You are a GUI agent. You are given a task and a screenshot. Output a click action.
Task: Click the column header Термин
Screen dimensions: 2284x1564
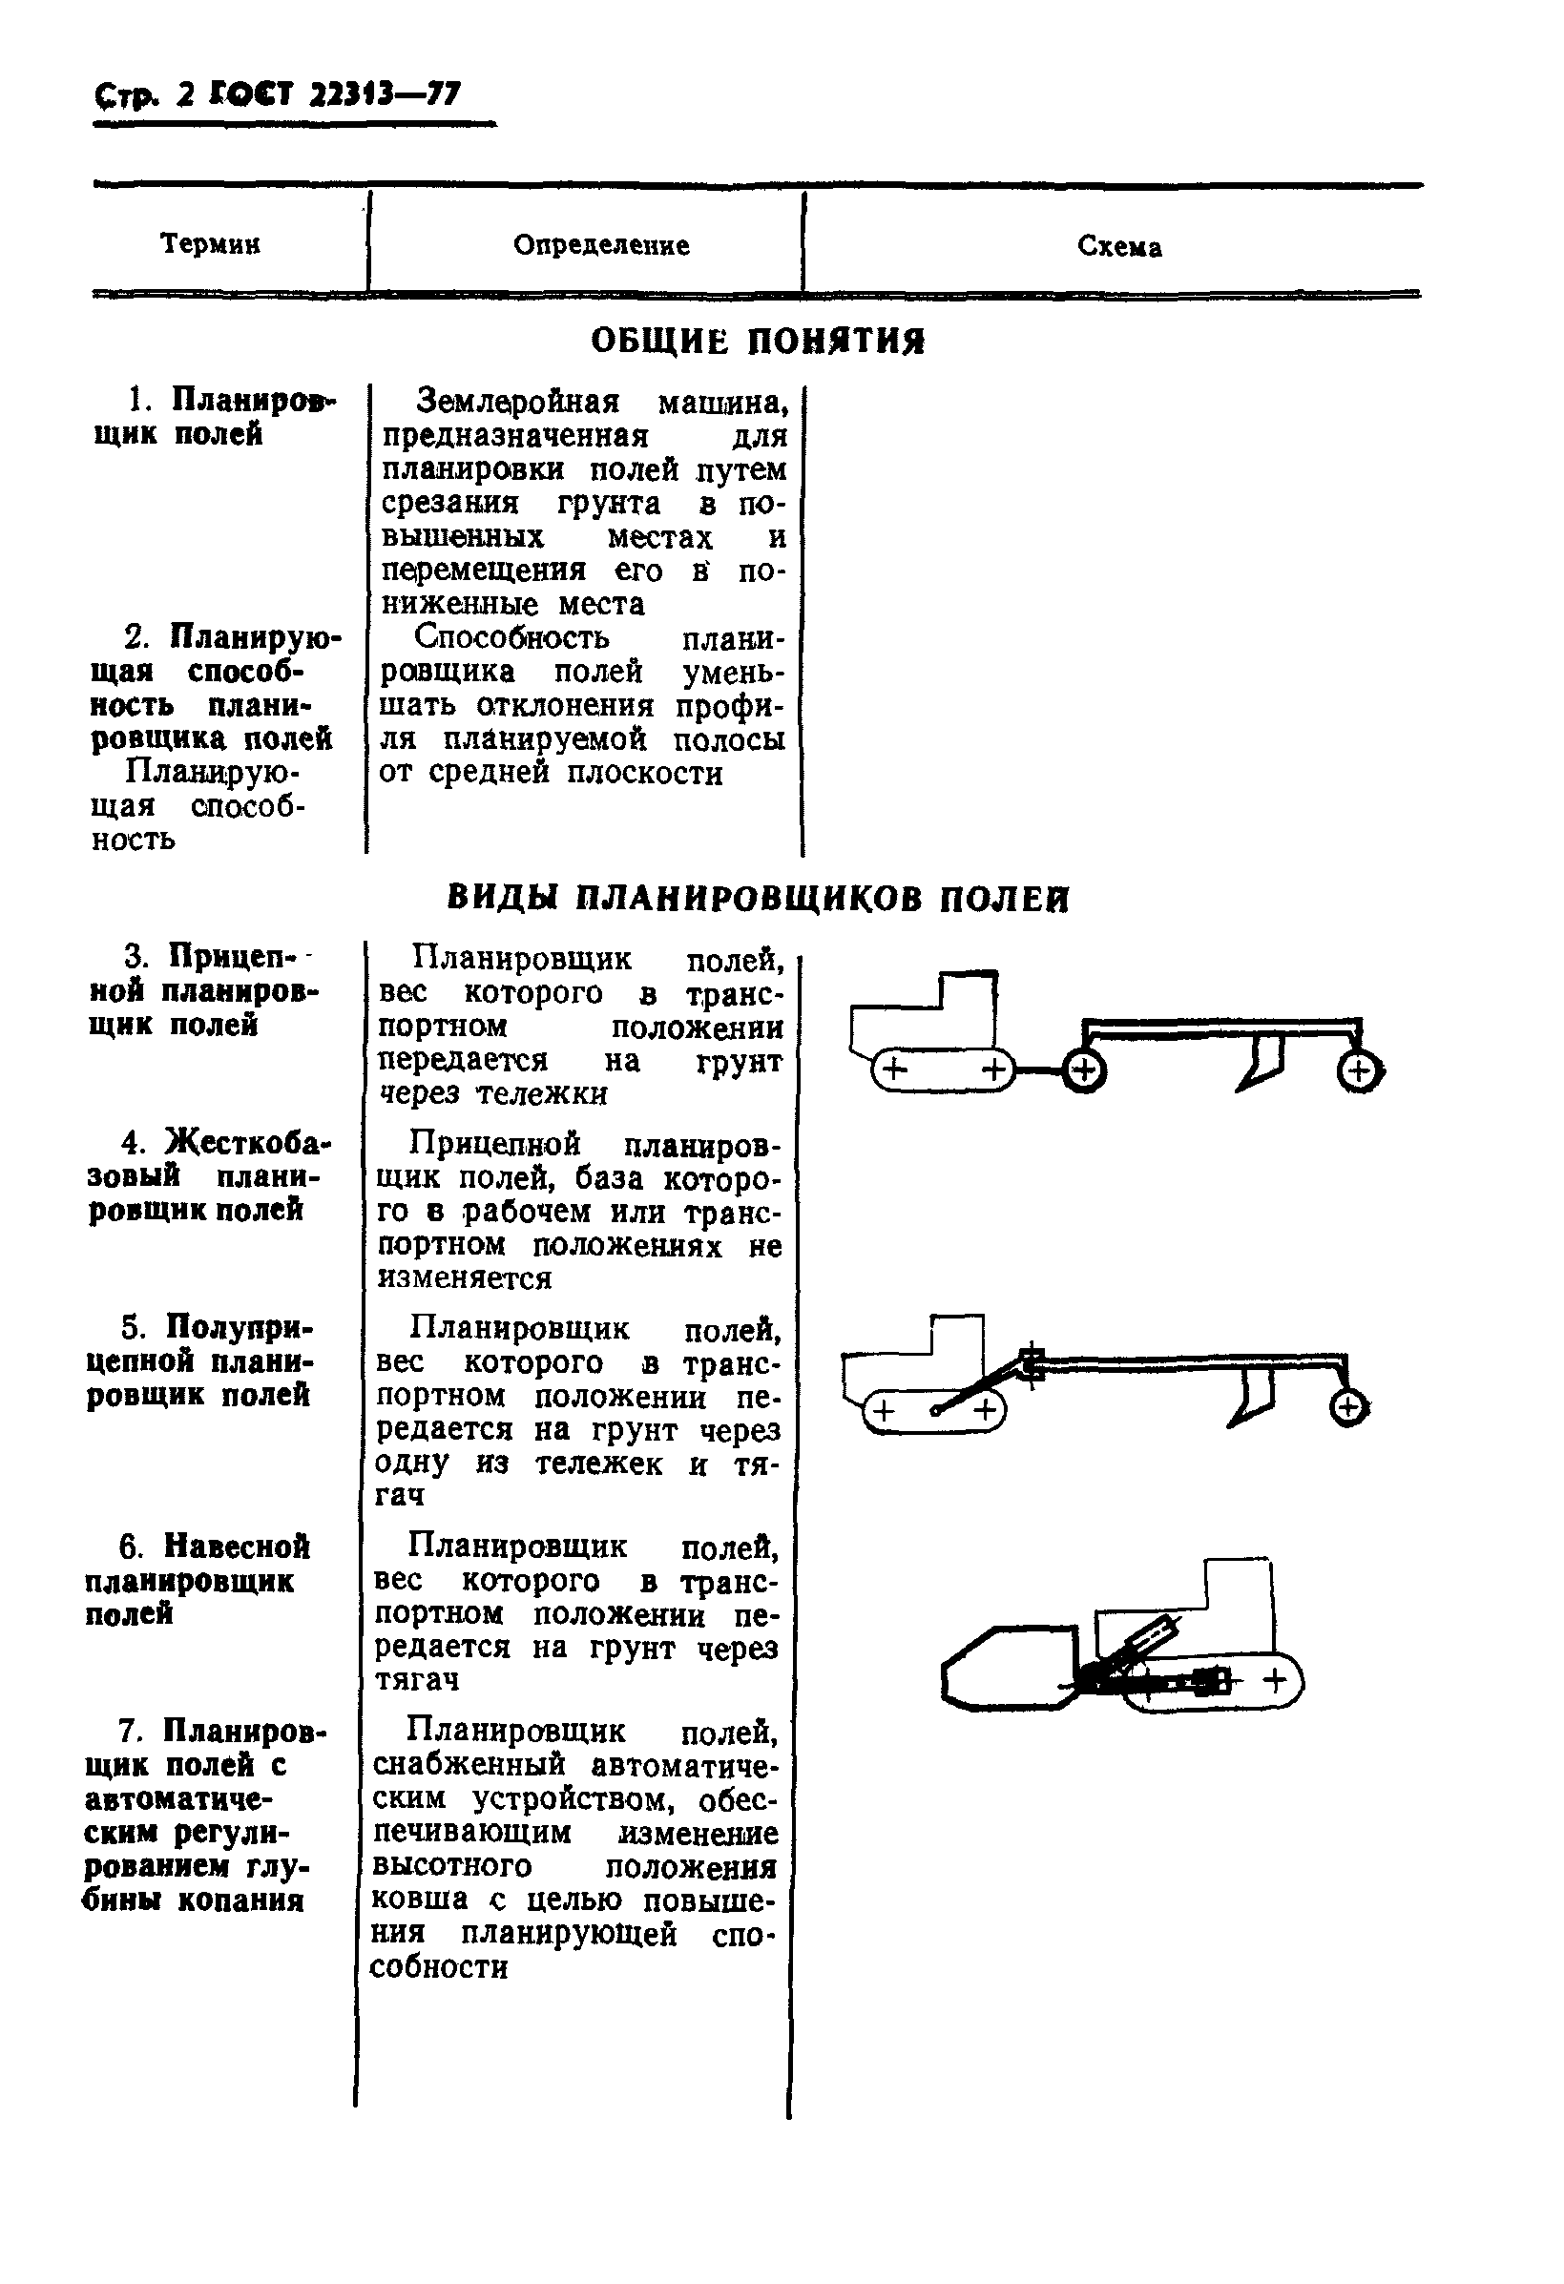point(209,243)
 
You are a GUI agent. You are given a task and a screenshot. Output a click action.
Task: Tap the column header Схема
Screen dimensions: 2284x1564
point(1118,247)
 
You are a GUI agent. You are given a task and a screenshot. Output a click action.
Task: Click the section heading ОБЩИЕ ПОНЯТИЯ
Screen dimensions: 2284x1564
point(757,341)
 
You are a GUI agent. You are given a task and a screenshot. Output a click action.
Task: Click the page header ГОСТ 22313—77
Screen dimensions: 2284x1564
point(333,94)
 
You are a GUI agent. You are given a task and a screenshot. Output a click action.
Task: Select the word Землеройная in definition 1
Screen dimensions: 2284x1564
point(518,401)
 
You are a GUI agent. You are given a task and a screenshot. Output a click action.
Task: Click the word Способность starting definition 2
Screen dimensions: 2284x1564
point(511,637)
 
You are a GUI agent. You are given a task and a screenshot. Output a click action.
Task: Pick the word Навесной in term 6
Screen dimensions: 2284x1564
point(237,1547)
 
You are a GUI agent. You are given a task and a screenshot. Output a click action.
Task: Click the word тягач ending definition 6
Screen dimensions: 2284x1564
point(416,1679)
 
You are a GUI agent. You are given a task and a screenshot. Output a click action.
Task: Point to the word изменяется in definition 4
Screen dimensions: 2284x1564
point(464,1278)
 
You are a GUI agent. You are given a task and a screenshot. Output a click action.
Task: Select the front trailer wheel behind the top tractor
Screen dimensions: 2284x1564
point(1084,1071)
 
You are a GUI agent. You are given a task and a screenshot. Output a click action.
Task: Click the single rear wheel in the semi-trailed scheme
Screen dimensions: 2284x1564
point(1347,1409)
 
